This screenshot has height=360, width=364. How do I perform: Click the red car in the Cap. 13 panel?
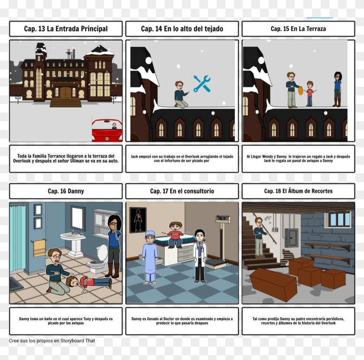click(107, 131)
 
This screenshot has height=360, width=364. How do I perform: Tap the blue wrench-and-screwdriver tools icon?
click(202, 84)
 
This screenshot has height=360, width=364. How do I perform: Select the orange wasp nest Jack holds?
click(300, 91)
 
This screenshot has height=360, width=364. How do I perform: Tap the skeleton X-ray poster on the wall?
click(138, 220)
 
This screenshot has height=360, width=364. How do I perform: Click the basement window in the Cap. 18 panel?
click(340, 219)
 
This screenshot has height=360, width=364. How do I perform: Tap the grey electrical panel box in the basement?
click(291, 238)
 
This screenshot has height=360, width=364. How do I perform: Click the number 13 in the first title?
click(41, 29)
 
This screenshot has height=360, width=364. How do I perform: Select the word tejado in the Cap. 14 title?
click(213, 29)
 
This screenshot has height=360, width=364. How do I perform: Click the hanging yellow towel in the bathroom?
click(39, 248)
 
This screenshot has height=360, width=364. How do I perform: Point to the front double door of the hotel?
click(66, 92)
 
